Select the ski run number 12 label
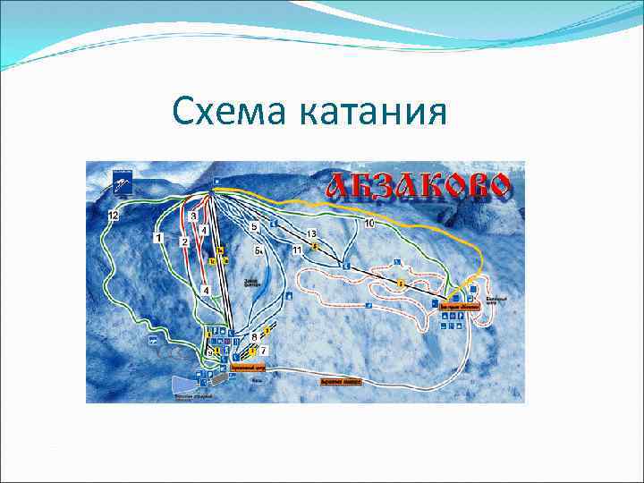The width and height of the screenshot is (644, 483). pyautogui.click(x=113, y=216)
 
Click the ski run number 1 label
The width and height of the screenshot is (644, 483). pyautogui.click(x=158, y=238)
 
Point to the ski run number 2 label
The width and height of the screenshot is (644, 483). pyautogui.click(x=184, y=241)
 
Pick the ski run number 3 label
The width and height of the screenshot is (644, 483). pyautogui.click(x=193, y=216)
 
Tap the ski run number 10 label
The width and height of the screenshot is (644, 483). pyautogui.click(x=369, y=222)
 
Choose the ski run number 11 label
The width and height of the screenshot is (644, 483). pyautogui.click(x=296, y=250)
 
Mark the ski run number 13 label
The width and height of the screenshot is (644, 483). pyautogui.click(x=310, y=233)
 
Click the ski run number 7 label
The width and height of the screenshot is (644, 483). pyautogui.click(x=264, y=351)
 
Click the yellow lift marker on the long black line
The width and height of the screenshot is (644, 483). pyautogui.click(x=402, y=283)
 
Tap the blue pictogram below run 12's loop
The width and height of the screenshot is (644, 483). pyautogui.click(x=152, y=340)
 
